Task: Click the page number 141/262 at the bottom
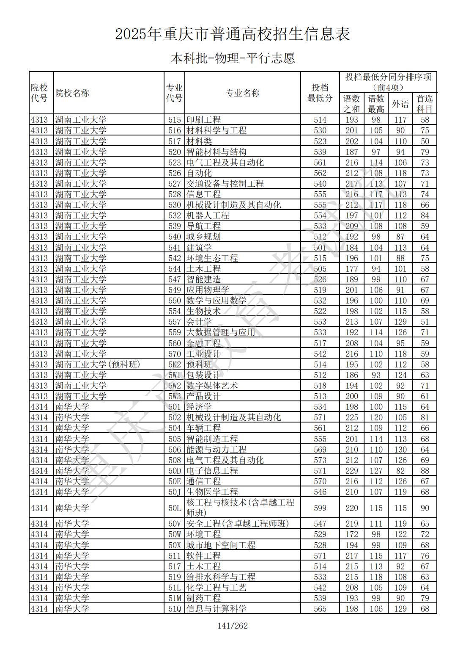coord(233,626)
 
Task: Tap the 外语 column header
coord(400,104)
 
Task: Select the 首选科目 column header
coord(425,104)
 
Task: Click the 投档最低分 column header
coord(320,93)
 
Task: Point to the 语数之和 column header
coord(351,104)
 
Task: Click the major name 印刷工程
coord(204,120)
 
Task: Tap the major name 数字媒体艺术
coord(212,386)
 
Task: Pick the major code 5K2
coord(174,365)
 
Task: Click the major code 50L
coord(174,508)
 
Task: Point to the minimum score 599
coord(320,508)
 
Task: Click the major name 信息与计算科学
coord(217,609)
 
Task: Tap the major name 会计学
coord(199,322)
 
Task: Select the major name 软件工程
coord(204,556)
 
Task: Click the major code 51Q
coord(174,609)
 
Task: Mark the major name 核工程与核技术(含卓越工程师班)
coord(240,508)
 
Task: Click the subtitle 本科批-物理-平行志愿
coord(233,58)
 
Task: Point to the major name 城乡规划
coord(204,237)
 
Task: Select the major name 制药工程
coord(204,598)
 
